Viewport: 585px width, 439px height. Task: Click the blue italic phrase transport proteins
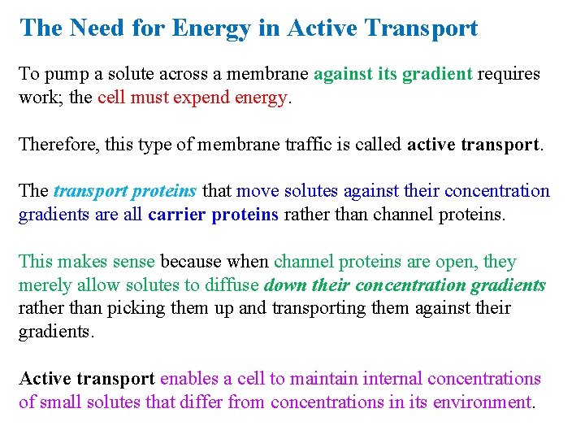124,191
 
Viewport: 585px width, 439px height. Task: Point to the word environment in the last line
482,402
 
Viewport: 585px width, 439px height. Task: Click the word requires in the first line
509,74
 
